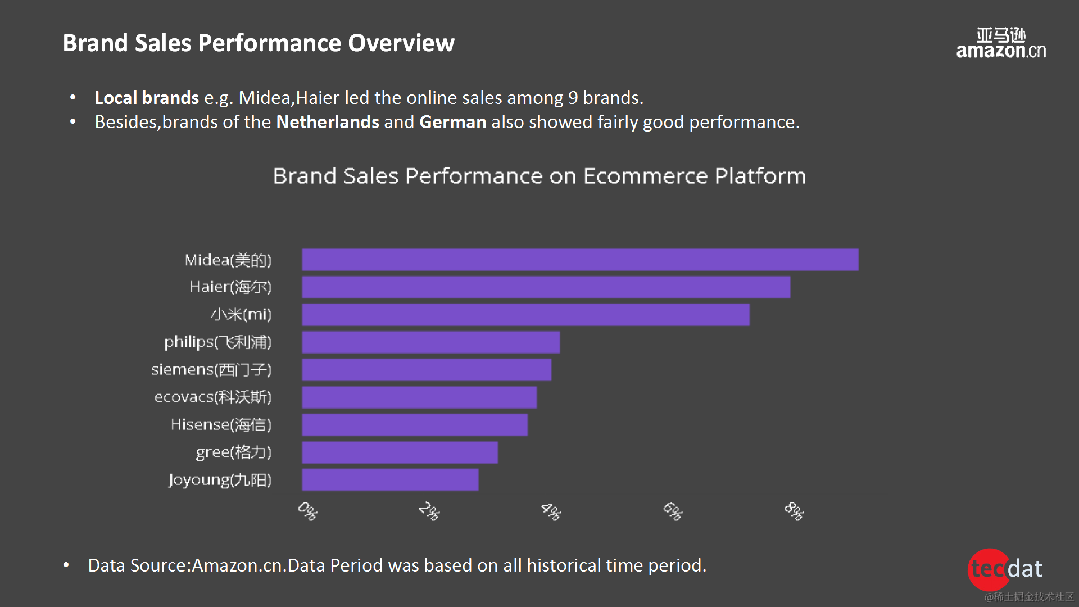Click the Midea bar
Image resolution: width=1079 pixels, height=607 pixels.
(x=580, y=260)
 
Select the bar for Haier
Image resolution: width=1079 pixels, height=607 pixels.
(x=546, y=287)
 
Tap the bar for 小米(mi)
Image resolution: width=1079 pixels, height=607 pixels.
(x=525, y=315)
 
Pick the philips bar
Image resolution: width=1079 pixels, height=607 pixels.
(x=430, y=342)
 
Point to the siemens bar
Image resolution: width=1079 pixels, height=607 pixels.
(x=427, y=370)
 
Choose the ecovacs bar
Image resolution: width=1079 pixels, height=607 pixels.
(x=419, y=397)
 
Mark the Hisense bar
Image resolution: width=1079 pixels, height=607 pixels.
(x=415, y=425)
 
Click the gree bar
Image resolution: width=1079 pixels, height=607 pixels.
(x=400, y=452)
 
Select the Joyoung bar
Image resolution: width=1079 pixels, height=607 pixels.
(x=390, y=480)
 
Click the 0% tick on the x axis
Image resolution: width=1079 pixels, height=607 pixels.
(x=307, y=511)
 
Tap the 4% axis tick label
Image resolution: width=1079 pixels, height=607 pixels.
(x=551, y=511)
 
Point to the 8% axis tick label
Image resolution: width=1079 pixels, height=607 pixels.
(x=794, y=511)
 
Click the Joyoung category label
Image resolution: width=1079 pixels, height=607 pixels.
(x=220, y=480)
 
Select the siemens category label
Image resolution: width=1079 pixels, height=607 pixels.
(x=211, y=370)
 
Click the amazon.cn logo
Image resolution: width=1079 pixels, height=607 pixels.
(x=1001, y=43)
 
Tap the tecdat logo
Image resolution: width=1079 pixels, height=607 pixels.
(x=1006, y=569)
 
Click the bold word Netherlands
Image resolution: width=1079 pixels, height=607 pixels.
(x=328, y=122)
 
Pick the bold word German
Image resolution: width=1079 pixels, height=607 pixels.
(x=452, y=122)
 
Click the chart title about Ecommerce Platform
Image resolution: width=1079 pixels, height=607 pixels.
(x=539, y=176)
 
